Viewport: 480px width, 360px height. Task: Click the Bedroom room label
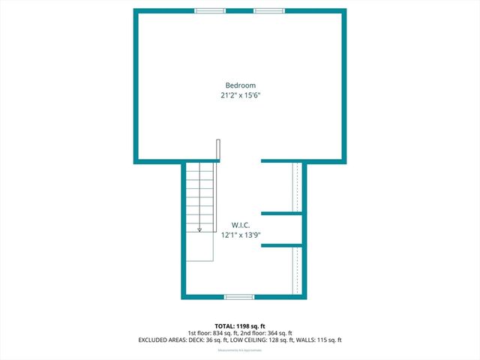pyautogui.click(x=240, y=85)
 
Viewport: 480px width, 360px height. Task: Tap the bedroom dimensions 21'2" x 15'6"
pyautogui.click(x=240, y=96)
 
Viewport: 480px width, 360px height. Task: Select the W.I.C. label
pyautogui.click(x=240, y=225)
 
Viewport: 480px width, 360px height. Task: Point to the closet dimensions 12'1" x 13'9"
pyautogui.click(x=240, y=235)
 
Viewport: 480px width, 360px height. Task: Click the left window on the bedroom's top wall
pyautogui.click(x=210, y=10)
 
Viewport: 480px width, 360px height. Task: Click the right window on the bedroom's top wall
pyautogui.click(x=268, y=10)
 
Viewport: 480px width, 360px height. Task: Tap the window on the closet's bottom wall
pyautogui.click(x=239, y=297)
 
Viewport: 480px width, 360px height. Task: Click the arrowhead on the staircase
pyautogui.click(x=200, y=230)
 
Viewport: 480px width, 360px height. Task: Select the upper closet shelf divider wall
pyautogui.click(x=282, y=214)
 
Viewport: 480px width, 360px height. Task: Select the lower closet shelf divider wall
pyautogui.click(x=282, y=245)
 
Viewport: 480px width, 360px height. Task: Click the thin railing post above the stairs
pyautogui.click(x=218, y=150)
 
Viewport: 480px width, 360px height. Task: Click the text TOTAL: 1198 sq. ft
pyautogui.click(x=240, y=326)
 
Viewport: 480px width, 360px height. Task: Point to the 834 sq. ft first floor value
pyautogui.click(x=220, y=333)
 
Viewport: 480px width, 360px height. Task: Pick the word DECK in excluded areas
pyautogui.click(x=190, y=340)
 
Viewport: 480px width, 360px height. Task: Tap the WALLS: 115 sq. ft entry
pyautogui.click(x=321, y=340)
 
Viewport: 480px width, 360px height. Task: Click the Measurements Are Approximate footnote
pyautogui.click(x=240, y=350)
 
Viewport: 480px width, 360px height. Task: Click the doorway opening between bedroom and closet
pyautogui.click(x=240, y=161)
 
